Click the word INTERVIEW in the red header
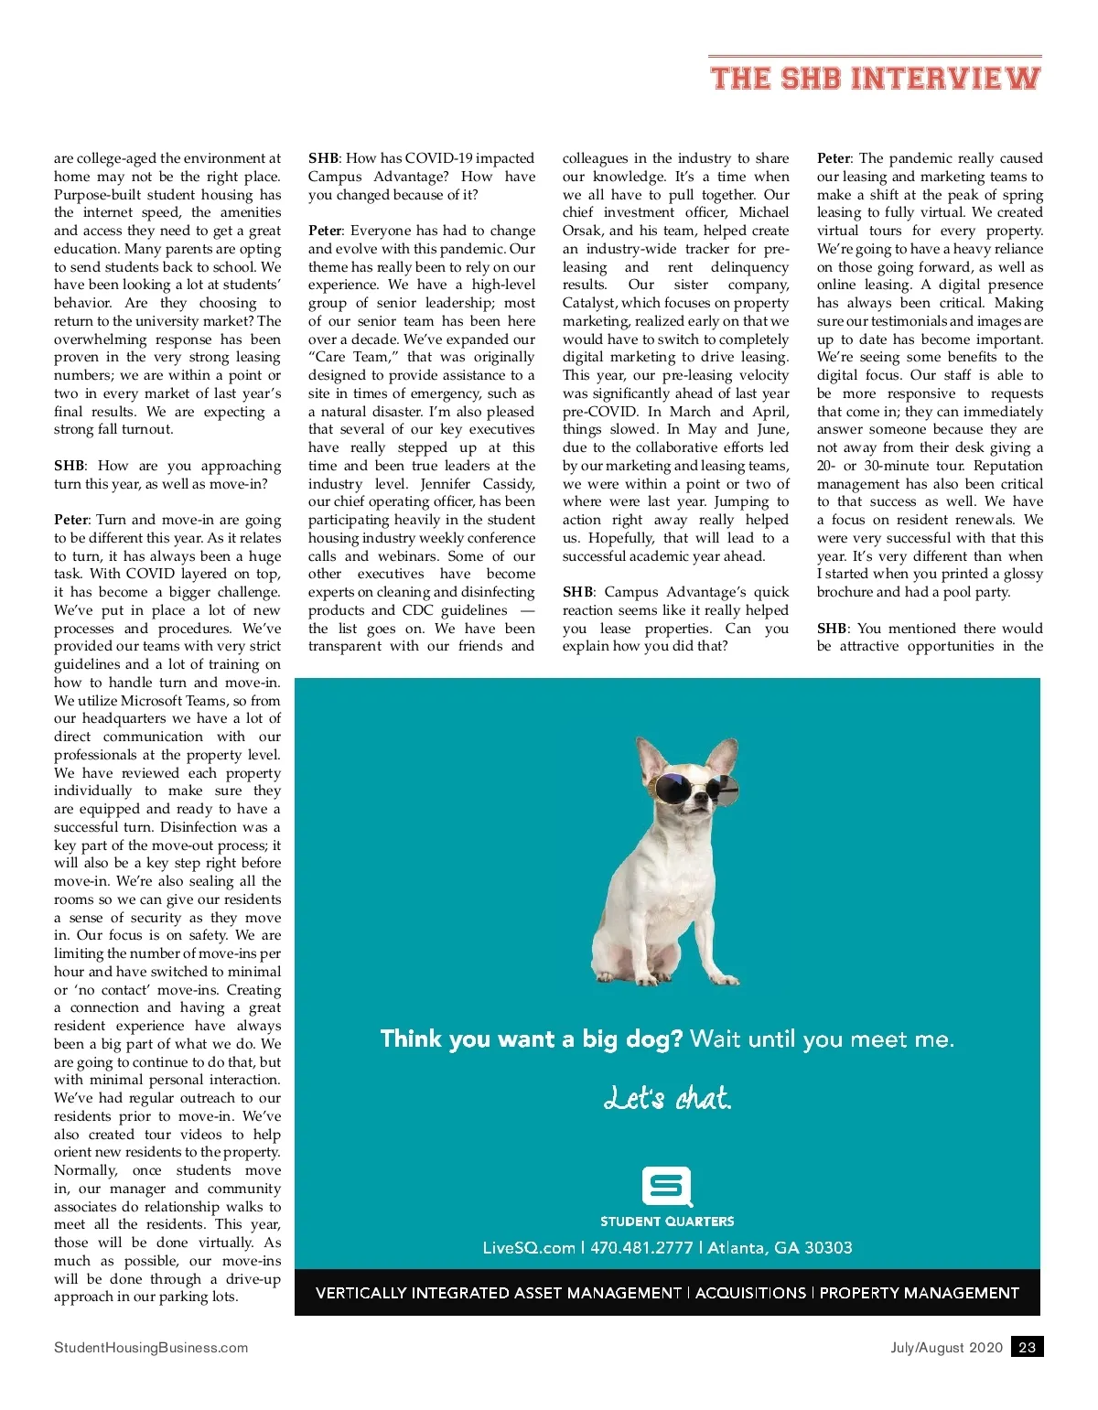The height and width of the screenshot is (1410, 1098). (946, 79)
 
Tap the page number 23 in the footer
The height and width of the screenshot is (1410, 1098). (1027, 1347)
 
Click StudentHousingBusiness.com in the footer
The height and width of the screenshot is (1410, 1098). (151, 1347)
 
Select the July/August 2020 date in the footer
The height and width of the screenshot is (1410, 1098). (946, 1347)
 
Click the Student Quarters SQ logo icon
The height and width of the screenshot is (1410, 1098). (667, 1187)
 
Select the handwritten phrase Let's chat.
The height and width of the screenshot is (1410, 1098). (667, 1097)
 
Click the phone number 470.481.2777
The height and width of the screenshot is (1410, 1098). (641, 1247)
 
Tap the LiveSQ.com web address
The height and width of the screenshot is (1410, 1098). (529, 1247)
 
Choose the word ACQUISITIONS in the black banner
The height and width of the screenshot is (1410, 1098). (751, 1293)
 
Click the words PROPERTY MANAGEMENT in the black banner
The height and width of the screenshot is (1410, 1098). (919, 1293)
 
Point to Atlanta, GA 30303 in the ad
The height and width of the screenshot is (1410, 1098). (780, 1247)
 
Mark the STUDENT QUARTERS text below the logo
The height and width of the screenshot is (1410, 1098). (667, 1222)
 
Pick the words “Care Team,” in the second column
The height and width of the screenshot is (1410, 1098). (353, 358)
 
